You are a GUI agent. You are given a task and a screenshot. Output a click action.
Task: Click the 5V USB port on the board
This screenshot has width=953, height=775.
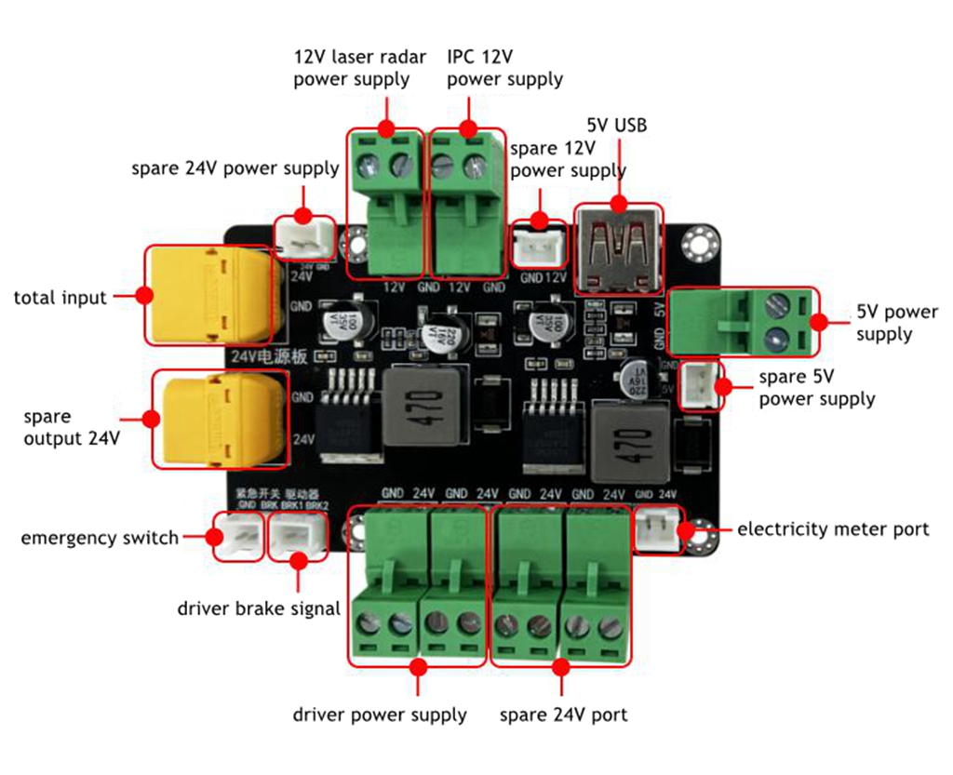[618, 248]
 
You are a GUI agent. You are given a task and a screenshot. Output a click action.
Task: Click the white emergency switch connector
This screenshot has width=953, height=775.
[237, 537]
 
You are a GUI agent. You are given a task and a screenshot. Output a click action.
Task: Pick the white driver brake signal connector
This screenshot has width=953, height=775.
[295, 537]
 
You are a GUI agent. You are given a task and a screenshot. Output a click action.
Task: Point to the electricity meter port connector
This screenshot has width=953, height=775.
[658, 531]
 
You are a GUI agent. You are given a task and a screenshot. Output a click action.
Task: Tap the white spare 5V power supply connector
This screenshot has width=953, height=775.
[701, 384]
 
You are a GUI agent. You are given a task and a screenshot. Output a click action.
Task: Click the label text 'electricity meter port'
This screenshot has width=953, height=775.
[832, 529]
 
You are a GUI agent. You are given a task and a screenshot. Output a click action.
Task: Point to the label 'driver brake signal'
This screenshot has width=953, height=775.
[259, 609]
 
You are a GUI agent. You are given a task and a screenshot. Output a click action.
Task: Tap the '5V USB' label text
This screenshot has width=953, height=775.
[616, 126]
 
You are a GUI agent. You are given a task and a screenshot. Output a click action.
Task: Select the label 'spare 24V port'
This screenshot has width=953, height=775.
[563, 715]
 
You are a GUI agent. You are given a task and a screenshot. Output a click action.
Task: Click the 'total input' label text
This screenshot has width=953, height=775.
[60, 298]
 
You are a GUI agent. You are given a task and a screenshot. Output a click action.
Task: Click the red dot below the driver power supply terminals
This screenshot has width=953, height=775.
[418, 667]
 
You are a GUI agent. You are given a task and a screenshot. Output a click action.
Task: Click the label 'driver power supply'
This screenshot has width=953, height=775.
[380, 715]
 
